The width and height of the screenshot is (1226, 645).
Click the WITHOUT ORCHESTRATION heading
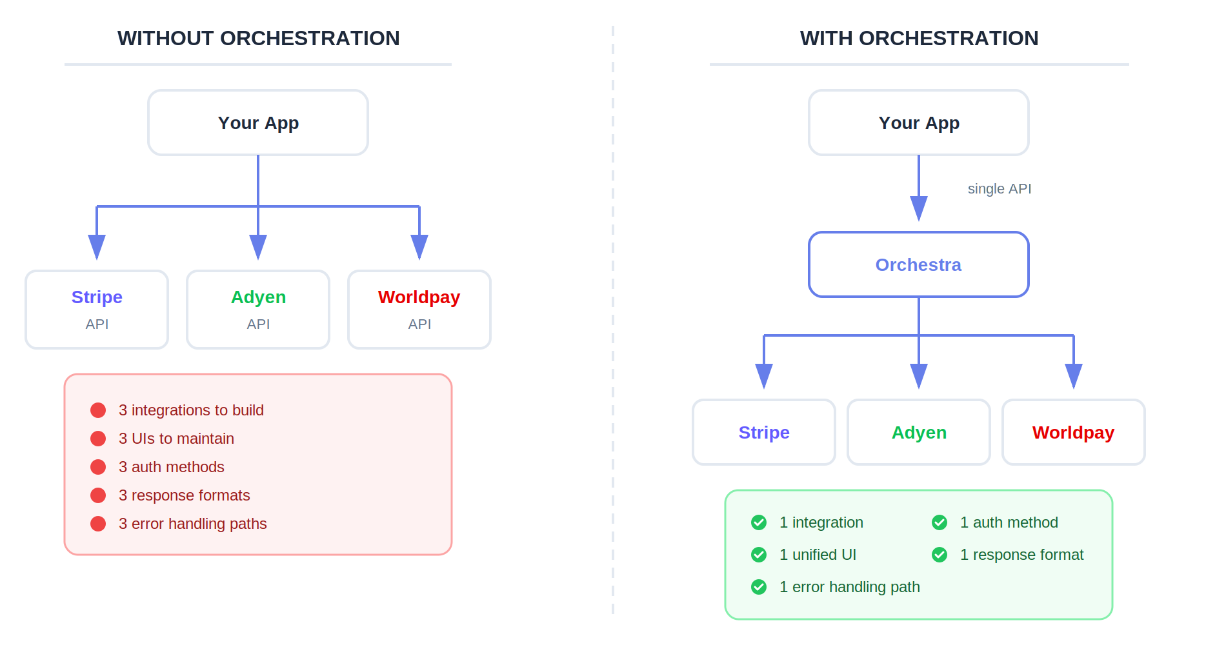(x=258, y=39)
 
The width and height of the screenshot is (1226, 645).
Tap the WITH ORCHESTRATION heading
(x=919, y=39)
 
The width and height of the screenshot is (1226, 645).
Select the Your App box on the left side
(x=258, y=123)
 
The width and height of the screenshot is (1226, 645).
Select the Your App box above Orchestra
(x=919, y=123)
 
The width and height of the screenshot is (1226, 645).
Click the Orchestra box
(x=919, y=264)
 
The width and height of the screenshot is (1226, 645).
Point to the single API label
(x=999, y=189)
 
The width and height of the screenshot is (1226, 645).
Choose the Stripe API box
(x=97, y=310)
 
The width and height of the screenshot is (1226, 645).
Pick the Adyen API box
(x=258, y=310)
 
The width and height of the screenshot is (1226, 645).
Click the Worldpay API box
(x=419, y=310)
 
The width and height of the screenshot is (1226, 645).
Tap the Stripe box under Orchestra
(x=764, y=432)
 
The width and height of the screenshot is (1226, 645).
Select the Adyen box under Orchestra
(x=919, y=432)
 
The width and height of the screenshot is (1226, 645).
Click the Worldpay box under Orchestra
(x=1074, y=432)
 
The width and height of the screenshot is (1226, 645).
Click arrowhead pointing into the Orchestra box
(x=919, y=209)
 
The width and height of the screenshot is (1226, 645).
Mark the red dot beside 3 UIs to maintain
(x=98, y=439)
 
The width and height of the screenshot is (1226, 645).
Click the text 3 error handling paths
(x=192, y=524)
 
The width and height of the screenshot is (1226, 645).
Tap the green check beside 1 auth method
(x=940, y=522)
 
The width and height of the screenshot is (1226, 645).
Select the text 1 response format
(x=1021, y=555)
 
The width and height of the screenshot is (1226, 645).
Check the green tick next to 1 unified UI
(x=759, y=555)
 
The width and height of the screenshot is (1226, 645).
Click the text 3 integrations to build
(x=191, y=410)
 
